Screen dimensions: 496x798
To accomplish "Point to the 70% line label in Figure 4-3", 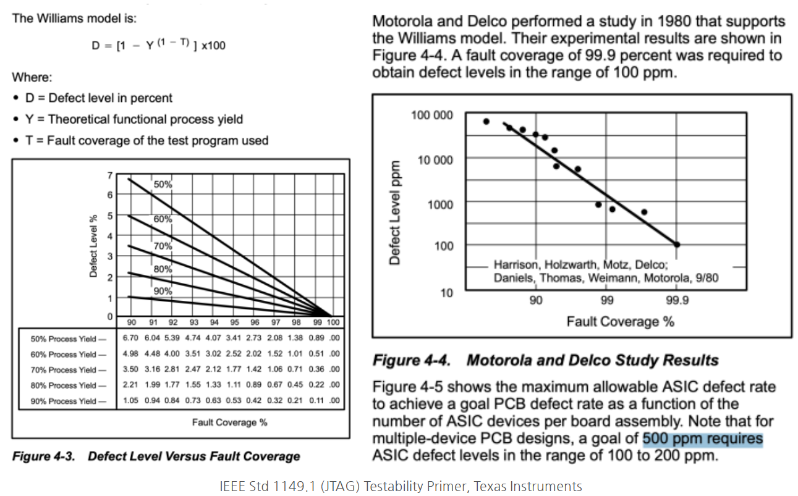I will pyautogui.click(x=163, y=246).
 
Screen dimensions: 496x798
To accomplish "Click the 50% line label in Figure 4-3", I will pyautogui.click(x=163, y=184).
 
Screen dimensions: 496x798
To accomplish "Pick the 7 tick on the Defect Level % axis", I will pyautogui.click(x=110, y=175).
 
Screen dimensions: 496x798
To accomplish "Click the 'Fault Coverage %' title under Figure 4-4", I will pyautogui.click(x=620, y=321).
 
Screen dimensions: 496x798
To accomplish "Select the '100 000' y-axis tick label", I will pyautogui.click(x=431, y=116).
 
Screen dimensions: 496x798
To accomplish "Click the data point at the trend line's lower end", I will pyautogui.click(x=677, y=245).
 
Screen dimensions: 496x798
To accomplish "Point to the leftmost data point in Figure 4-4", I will pyautogui.click(x=486, y=122).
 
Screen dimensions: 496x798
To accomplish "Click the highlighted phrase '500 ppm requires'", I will pyautogui.click(x=703, y=439).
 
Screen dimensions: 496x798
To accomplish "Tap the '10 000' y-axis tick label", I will pyautogui.click(x=435, y=159).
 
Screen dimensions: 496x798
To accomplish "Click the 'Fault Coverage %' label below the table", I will pyautogui.click(x=229, y=422).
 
